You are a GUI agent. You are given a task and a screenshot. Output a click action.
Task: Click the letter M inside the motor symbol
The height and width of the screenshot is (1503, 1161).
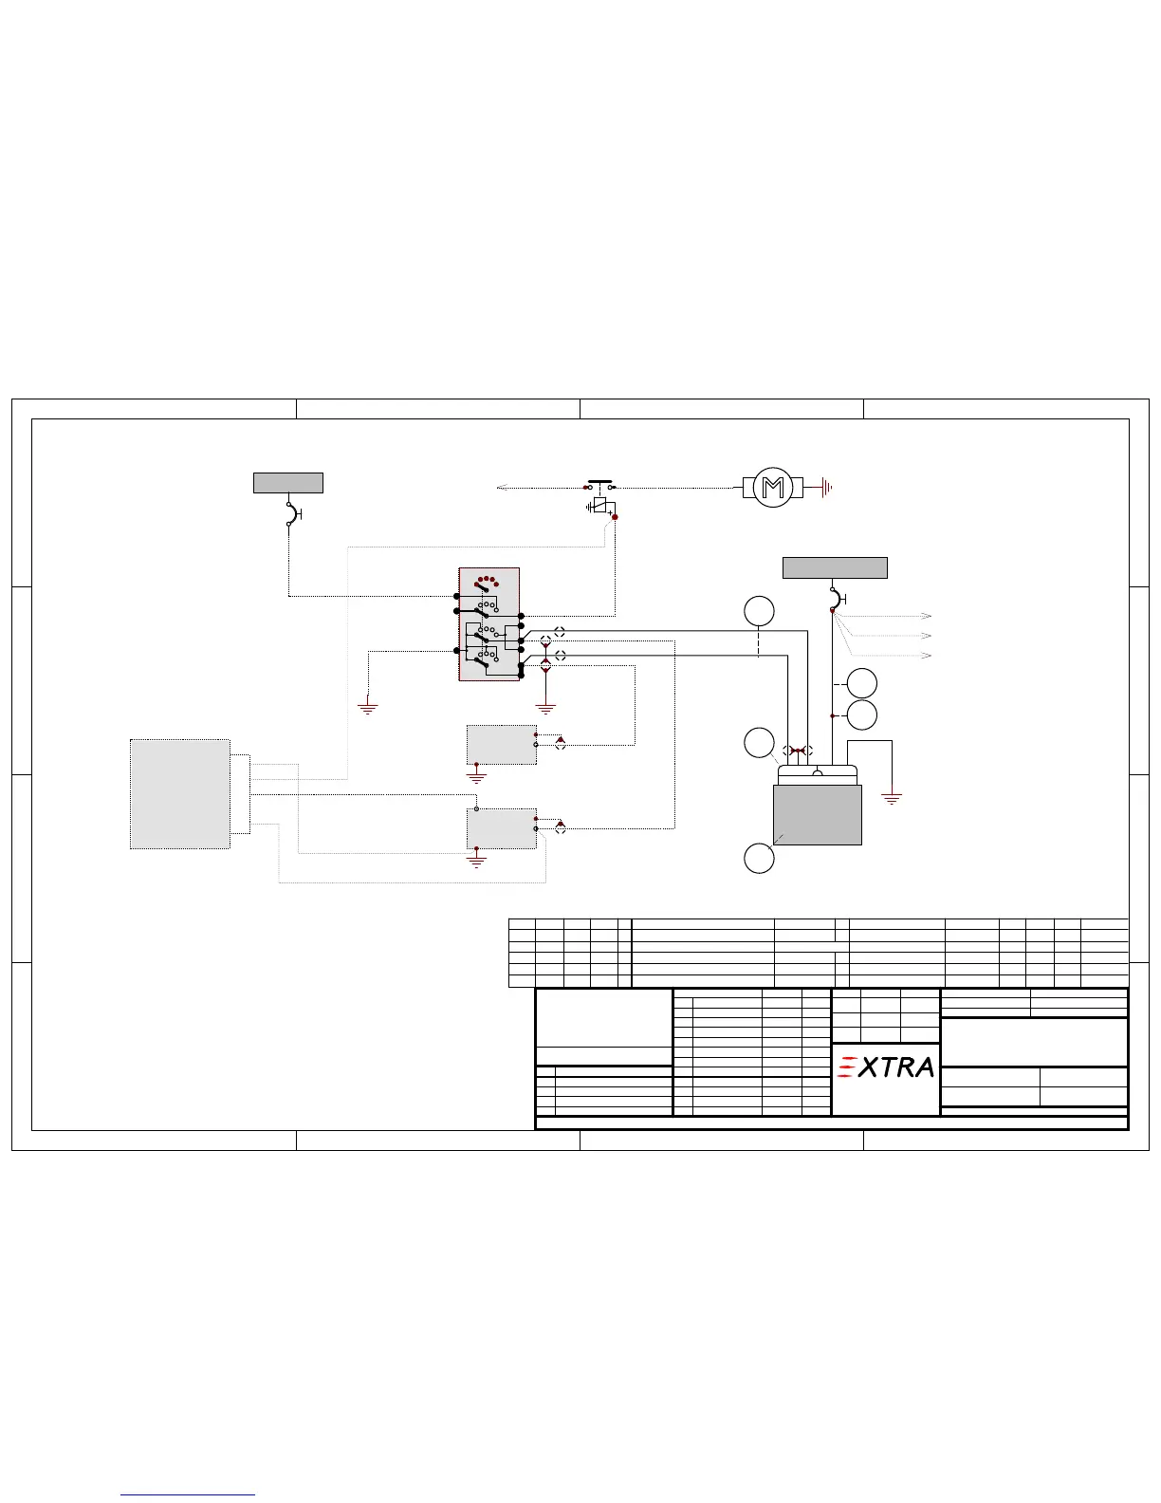[772, 488]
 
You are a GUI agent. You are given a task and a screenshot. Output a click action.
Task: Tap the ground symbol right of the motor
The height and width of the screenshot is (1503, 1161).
[826, 488]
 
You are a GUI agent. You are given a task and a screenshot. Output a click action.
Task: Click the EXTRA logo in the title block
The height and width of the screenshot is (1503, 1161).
[885, 1067]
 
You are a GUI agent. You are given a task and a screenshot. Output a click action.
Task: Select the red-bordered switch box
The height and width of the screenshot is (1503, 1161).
[488, 624]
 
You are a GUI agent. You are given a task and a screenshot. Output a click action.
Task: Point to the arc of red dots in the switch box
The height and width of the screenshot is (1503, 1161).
[486, 580]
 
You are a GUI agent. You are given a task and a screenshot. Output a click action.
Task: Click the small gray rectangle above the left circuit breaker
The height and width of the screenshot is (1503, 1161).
[288, 483]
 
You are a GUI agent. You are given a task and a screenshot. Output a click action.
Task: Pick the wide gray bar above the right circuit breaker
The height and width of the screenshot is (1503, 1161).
[835, 567]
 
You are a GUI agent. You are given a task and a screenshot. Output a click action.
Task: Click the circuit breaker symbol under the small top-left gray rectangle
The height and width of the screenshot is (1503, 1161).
[293, 514]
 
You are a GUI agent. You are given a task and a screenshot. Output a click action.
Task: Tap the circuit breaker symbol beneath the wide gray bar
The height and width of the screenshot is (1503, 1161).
[838, 599]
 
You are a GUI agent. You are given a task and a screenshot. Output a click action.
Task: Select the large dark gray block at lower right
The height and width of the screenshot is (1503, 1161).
[818, 815]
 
